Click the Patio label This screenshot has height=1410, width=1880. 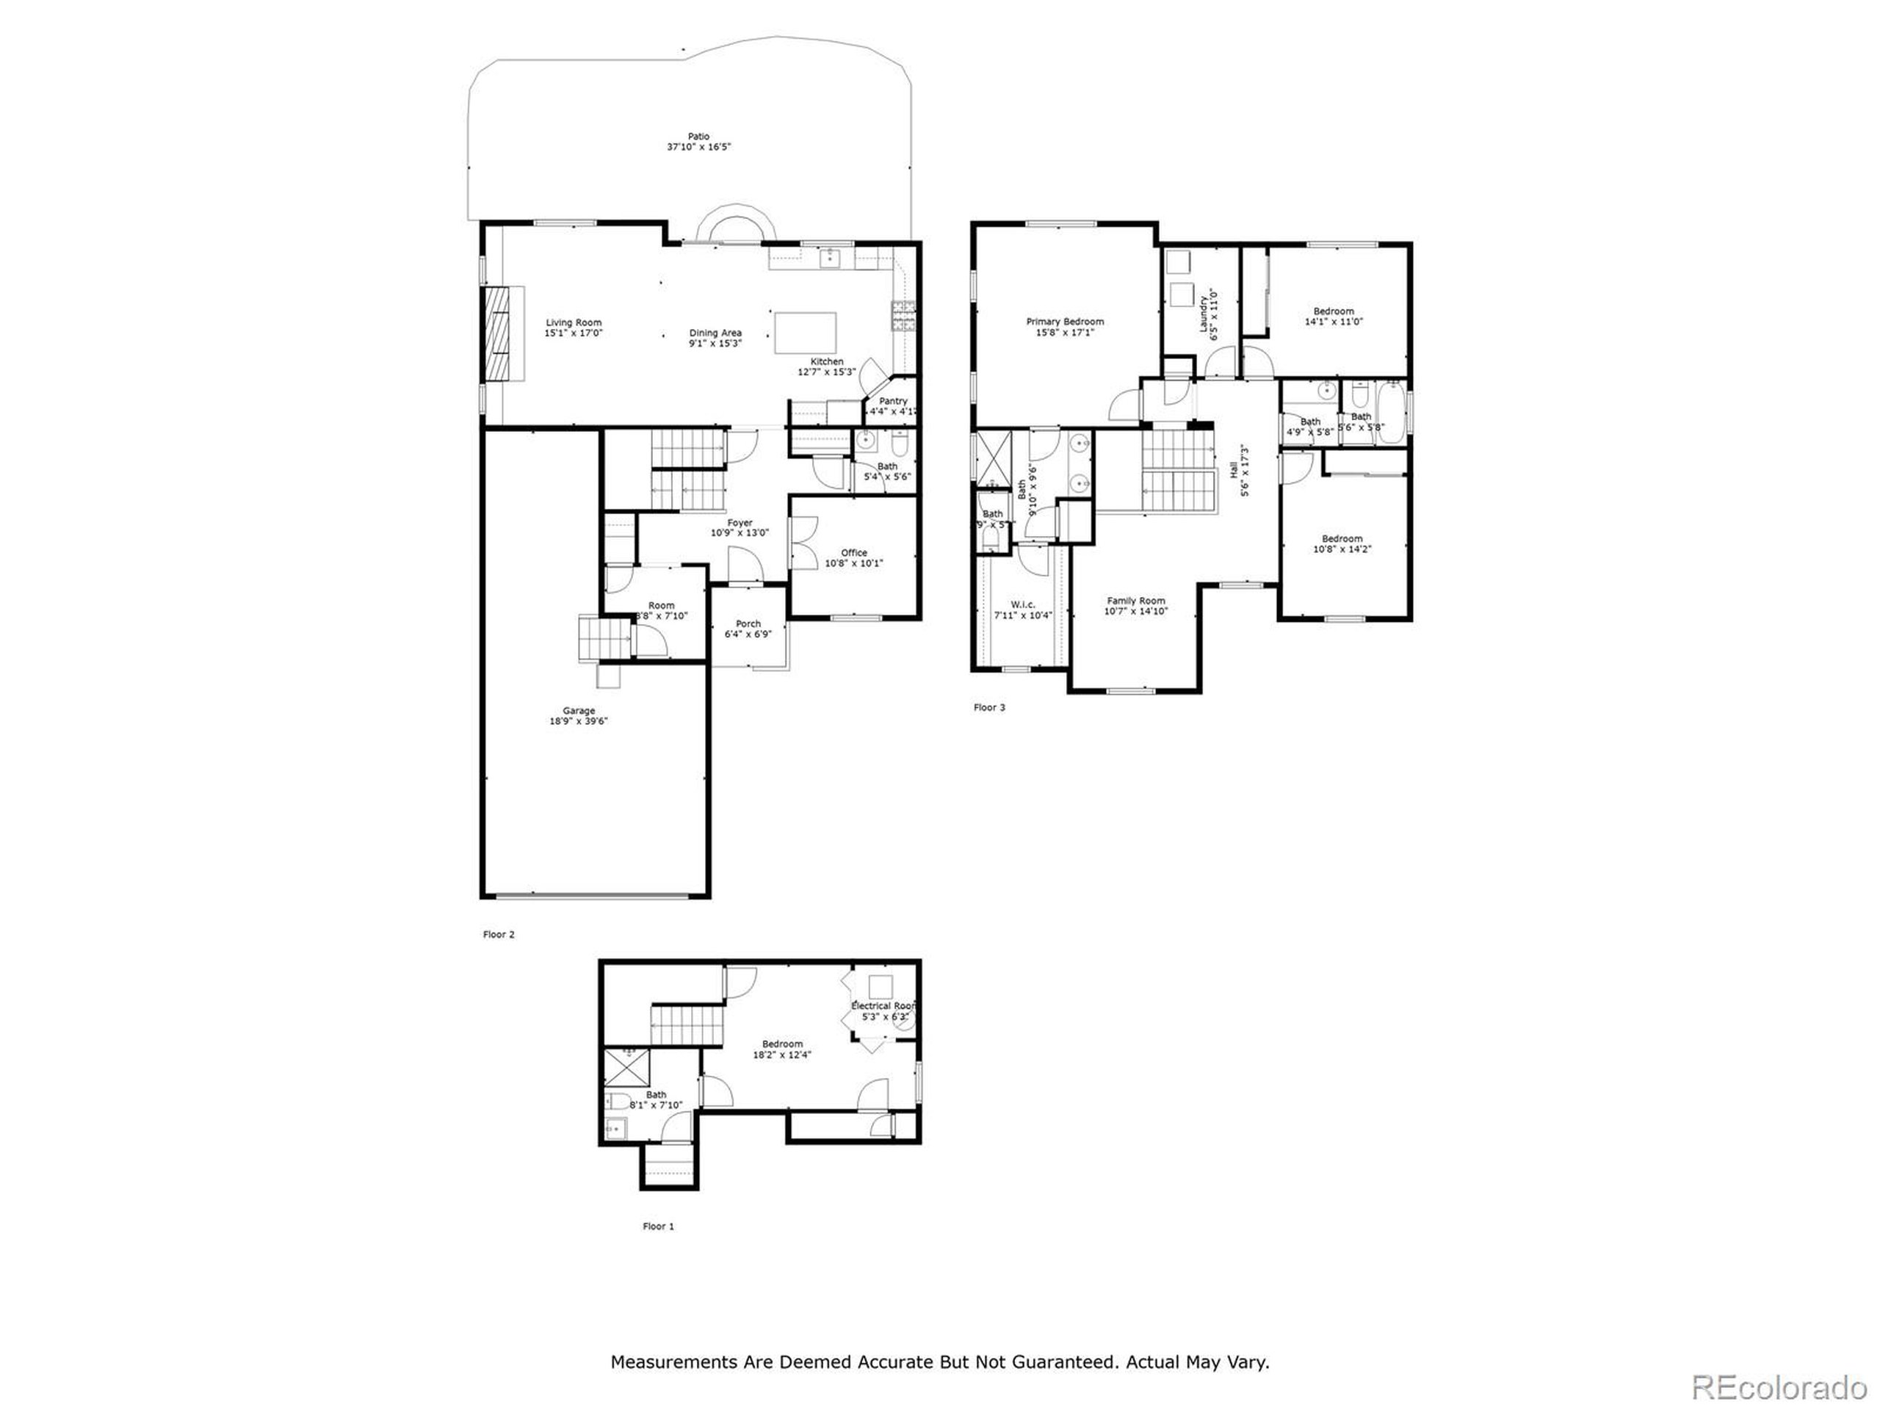(x=698, y=136)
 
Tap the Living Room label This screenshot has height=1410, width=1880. (x=574, y=323)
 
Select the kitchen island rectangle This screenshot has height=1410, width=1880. (x=805, y=333)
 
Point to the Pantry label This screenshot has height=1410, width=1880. (x=893, y=401)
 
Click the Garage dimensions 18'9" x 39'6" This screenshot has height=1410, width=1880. (x=579, y=722)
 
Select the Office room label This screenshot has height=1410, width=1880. (x=854, y=553)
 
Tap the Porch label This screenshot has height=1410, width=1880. (x=748, y=623)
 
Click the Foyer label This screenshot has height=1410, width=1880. (x=740, y=524)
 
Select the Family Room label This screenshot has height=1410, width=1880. (x=1135, y=601)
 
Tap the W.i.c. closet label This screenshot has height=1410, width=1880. (x=1023, y=605)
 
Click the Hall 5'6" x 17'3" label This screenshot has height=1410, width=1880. (x=1238, y=470)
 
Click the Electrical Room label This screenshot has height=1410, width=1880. (x=883, y=1006)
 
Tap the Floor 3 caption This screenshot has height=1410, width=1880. (x=989, y=707)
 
